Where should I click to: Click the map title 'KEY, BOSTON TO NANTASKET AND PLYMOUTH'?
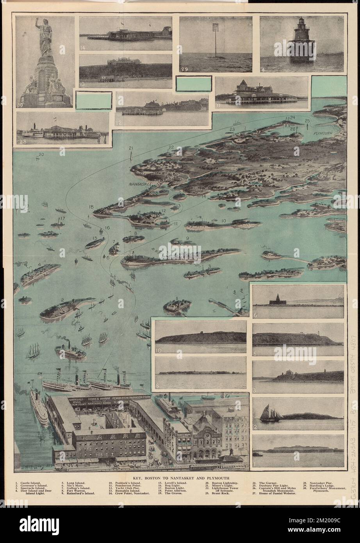180,477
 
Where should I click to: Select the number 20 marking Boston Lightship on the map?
41,155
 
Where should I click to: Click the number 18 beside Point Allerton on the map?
91,207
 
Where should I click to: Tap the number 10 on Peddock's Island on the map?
223,221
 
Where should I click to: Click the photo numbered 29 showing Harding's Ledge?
216,44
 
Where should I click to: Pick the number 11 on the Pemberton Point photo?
219,105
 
